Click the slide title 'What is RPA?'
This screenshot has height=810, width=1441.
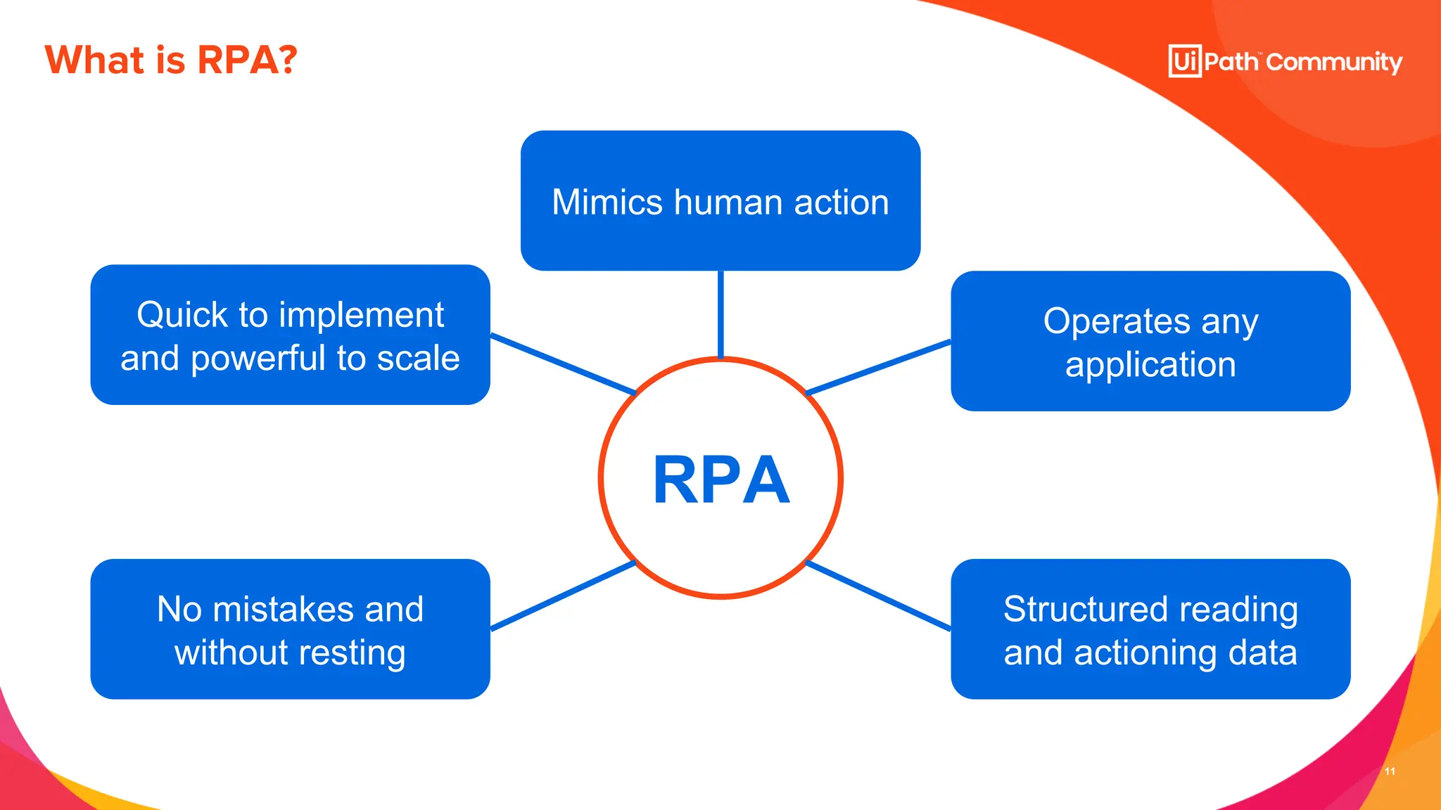click(x=171, y=60)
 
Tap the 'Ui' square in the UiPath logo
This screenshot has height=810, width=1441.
click(x=1185, y=61)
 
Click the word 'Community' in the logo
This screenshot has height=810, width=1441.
click(x=1334, y=63)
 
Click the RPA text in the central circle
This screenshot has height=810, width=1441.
click(x=721, y=480)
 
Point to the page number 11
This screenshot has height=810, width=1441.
click(x=1390, y=771)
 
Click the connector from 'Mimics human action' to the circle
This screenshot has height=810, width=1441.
click(x=720, y=314)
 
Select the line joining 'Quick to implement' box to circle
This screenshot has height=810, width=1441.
click(x=563, y=364)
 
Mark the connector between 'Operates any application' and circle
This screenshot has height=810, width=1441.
click(x=878, y=367)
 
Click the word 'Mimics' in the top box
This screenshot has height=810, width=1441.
click(x=607, y=202)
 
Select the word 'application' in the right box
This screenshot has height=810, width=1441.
click(x=1150, y=365)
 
